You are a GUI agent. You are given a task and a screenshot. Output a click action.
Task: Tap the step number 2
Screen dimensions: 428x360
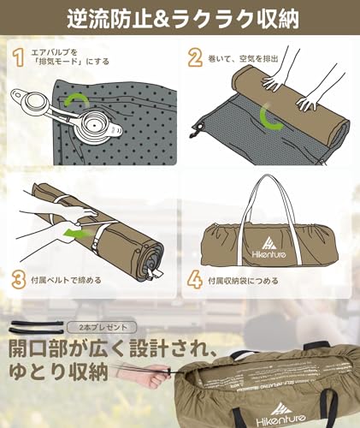195,57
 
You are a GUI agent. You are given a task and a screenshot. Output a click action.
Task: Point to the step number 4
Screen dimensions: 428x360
195,279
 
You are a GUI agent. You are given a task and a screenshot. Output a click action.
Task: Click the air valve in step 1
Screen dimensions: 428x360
34,110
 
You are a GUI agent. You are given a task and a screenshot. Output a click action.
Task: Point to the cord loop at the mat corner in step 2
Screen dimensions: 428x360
199,128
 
